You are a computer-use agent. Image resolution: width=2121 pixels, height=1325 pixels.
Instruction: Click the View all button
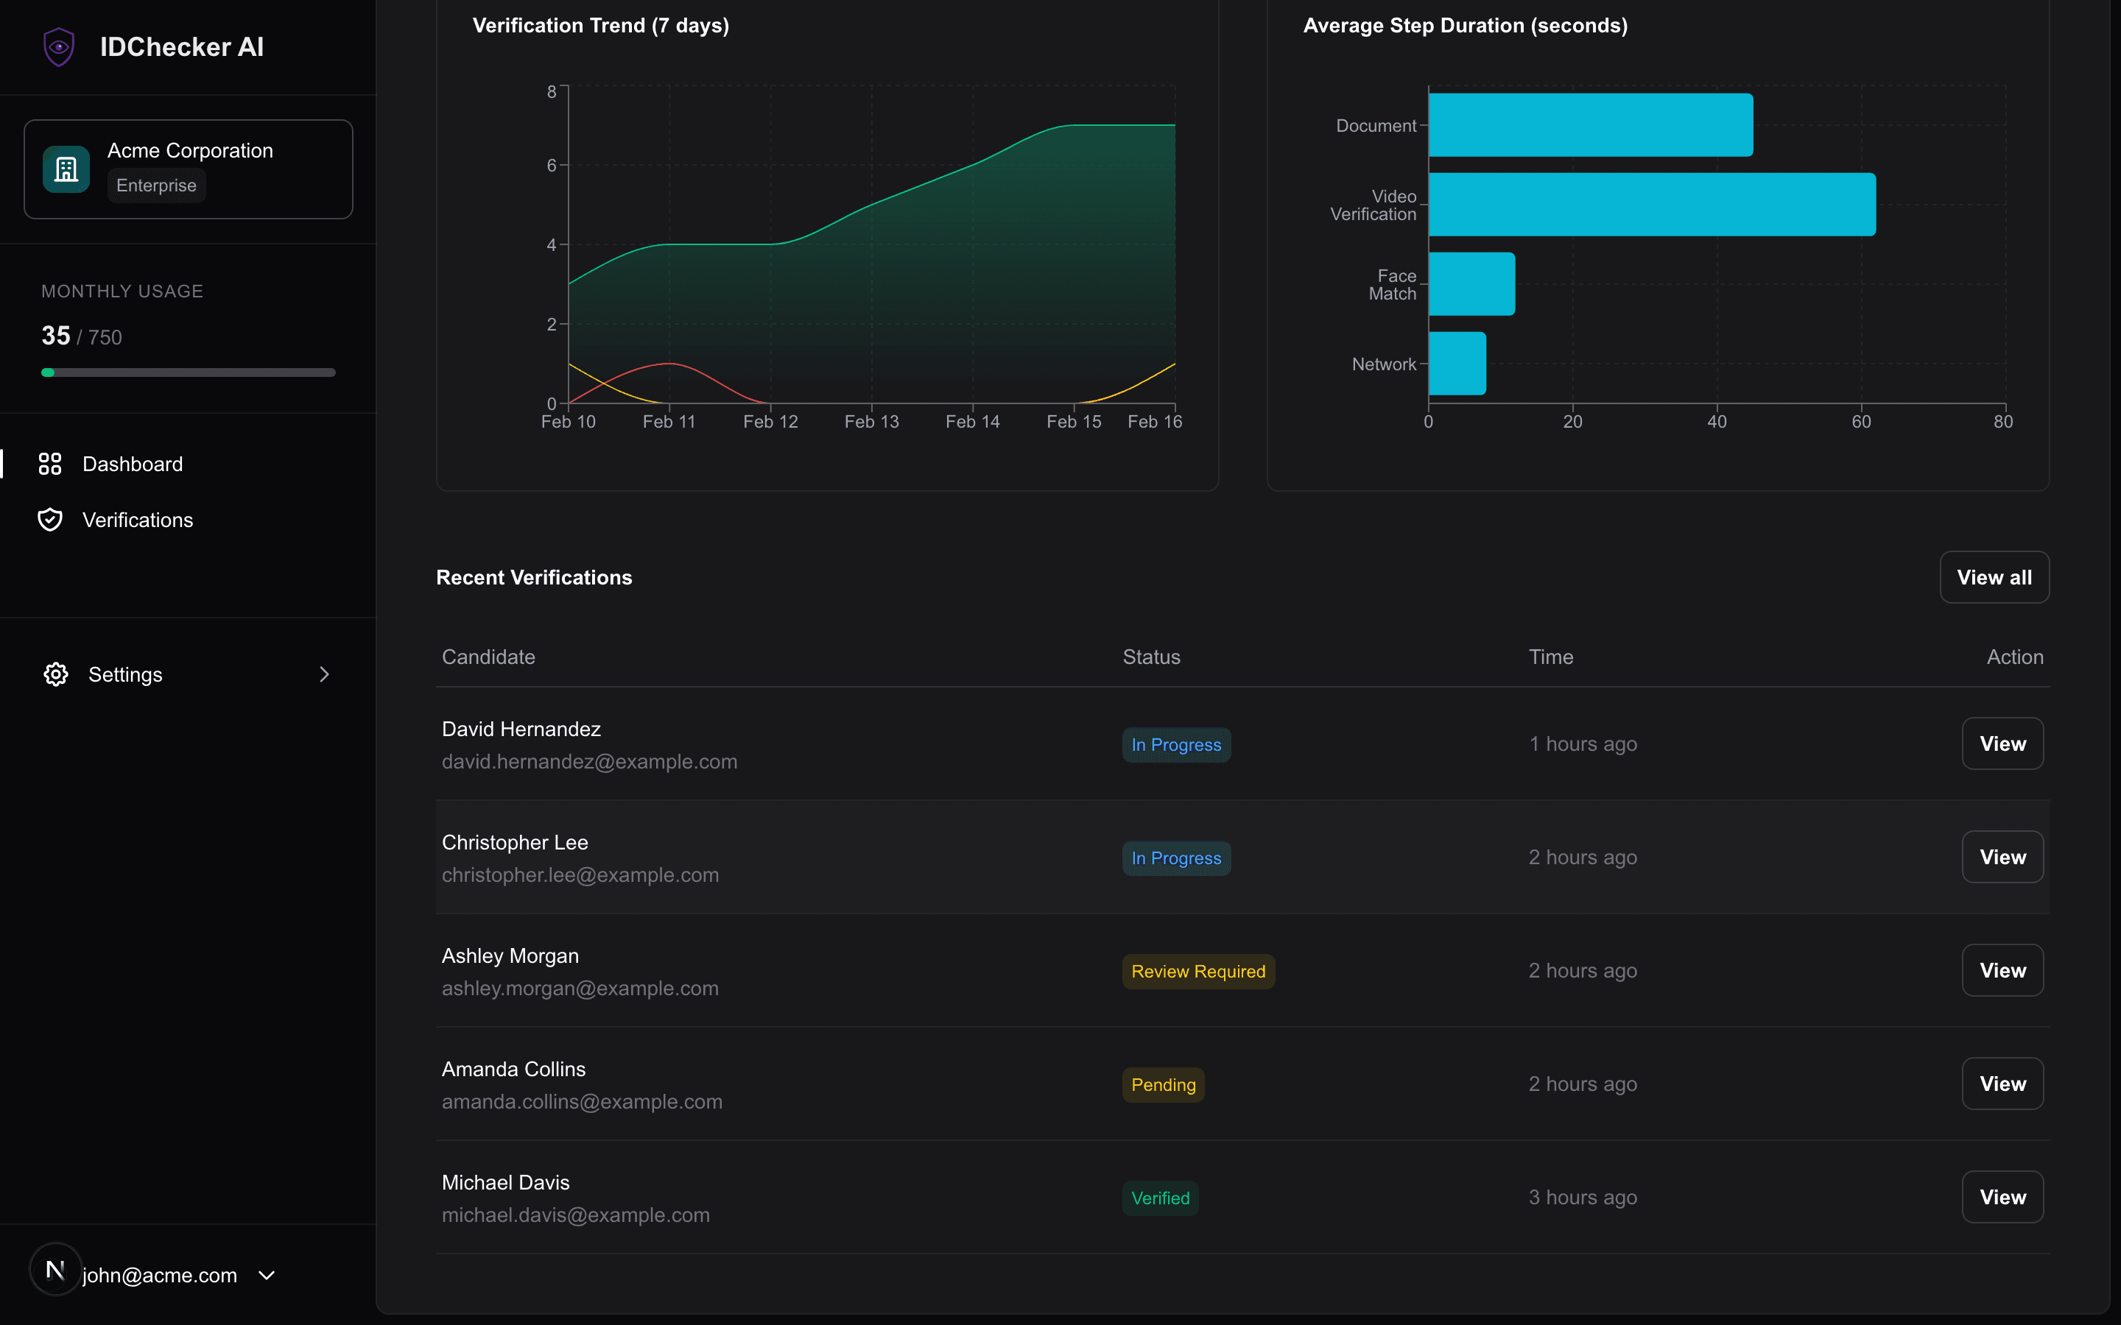tap(1993, 578)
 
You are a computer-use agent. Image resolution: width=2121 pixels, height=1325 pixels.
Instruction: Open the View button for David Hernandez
tap(2002, 744)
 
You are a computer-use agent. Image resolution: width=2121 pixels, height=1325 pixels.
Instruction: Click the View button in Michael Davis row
tap(2002, 1197)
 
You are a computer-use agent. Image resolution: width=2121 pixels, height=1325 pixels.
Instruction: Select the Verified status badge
tap(1159, 1198)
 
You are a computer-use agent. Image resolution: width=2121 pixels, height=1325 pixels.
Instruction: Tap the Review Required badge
tap(1197, 972)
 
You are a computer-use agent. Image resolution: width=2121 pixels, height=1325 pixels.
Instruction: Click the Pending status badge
tap(1162, 1085)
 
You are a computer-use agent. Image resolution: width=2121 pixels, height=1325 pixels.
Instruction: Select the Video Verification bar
tap(1651, 204)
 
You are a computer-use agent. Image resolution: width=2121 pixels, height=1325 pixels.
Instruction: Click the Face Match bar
tap(1471, 284)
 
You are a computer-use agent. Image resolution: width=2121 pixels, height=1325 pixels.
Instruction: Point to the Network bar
tap(1457, 364)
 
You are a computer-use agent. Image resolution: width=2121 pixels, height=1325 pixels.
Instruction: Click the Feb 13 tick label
tap(871, 423)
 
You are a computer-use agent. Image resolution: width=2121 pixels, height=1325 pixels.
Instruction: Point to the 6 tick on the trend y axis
tap(552, 166)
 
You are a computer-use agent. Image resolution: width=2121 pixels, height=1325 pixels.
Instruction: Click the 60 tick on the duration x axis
tap(1861, 423)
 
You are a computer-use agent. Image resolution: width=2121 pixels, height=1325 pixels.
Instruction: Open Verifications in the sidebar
tap(138, 520)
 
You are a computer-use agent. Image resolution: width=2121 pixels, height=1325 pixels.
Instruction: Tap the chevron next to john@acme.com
tap(267, 1275)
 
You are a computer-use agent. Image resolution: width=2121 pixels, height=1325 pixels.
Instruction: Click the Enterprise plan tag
tap(156, 185)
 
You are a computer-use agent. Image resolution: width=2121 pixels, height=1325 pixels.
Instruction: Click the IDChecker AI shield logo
tap(59, 46)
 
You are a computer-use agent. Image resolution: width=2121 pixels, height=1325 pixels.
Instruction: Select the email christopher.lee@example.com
tap(580, 875)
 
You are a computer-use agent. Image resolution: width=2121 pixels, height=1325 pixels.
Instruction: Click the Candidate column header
tap(488, 657)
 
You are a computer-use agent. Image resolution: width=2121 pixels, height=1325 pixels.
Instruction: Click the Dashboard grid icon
tap(50, 464)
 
